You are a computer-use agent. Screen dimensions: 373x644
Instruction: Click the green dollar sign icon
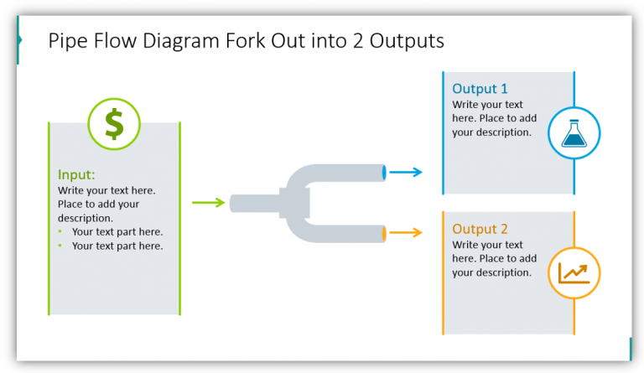pyautogui.click(x=114, y=124)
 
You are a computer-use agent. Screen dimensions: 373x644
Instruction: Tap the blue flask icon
pyautogui.click(x=574, y=133)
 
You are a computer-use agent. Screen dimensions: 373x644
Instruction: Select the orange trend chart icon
pyautogui.click(x=574, y=273)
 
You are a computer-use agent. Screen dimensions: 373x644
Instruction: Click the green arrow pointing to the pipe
pyautogui.click(x=209, y=202)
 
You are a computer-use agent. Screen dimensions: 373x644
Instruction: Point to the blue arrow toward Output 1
pyautogui.click(x=406, y=173)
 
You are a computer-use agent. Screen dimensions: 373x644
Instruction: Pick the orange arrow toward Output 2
pyautogui.click(x=406, y=233)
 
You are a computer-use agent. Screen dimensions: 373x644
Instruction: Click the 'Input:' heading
pyautogui.click(x=76, y=175)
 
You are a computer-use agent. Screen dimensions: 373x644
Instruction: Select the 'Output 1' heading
pyautogui.click(x=480, y=89)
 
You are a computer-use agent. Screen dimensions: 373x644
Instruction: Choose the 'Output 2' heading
pyautogui.click(x=480, y=229)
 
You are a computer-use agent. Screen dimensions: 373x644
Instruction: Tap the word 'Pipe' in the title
pyautogui.click(x=66, y=40)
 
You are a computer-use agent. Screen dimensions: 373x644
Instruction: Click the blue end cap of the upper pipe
pyautogui.click(x=384, y=173)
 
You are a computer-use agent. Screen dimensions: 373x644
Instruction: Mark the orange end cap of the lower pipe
pyautogui.click(x=384, y=233)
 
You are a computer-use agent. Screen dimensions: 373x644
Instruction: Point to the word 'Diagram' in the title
pyautogui.click(x=163, y=40)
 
